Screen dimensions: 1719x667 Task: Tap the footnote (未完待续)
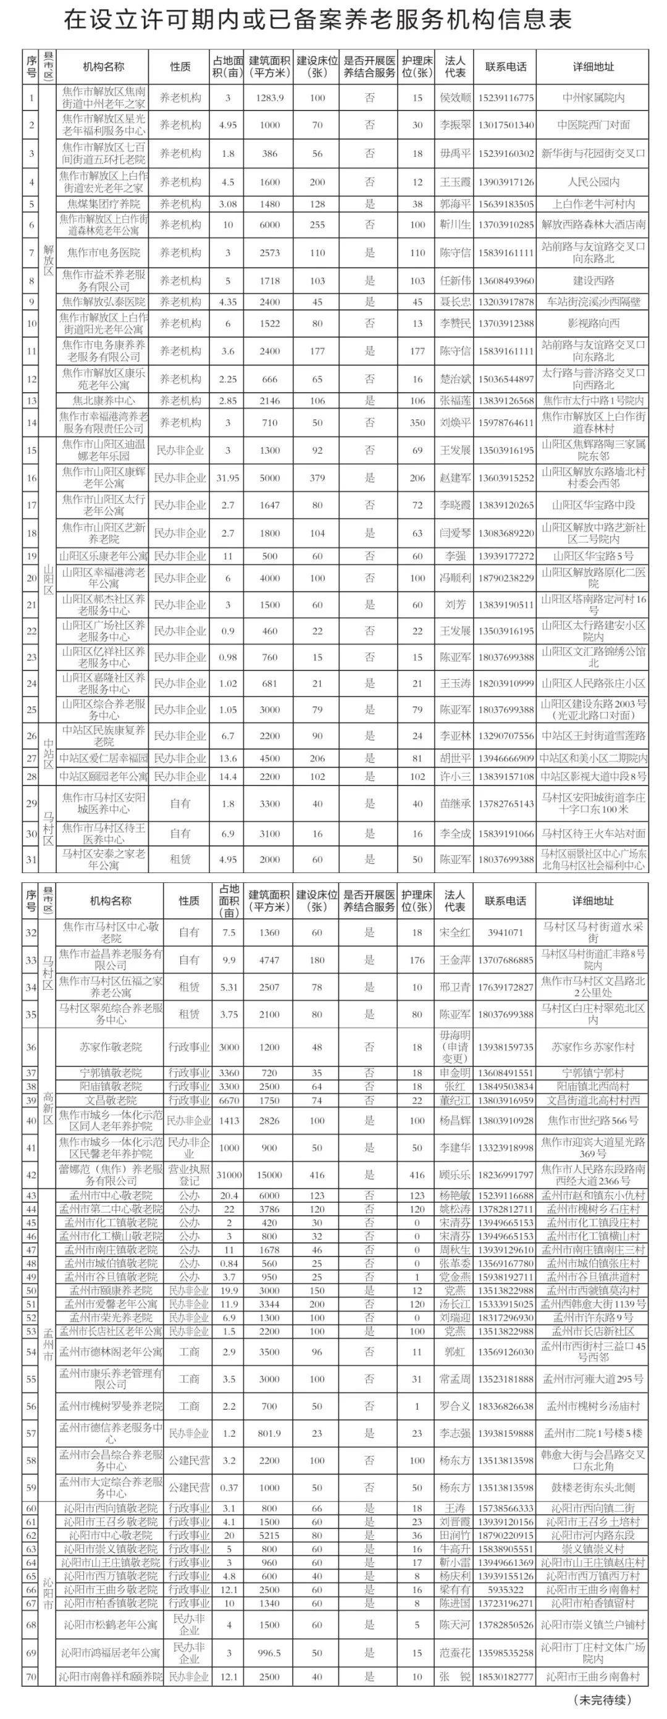[x=602, y=1698]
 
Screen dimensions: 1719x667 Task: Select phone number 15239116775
[x=505, y=98]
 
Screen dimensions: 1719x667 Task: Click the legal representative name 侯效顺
[x=455, y=98]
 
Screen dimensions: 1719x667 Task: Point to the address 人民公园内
[x=593, y=182]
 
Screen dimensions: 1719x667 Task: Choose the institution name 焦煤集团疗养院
[x=104, y=204]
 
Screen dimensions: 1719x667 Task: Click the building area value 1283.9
[x=269, y=98]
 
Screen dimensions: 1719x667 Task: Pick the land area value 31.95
[x=228, y=478]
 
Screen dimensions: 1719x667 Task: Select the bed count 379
[x=317, y=478]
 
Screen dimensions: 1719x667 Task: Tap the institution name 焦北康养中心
[x=104, y=400]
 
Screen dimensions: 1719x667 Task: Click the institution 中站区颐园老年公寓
[x=104, y=777]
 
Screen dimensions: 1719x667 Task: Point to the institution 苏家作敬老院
[x=111, y=1047]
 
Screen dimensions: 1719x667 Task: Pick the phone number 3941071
[x=505, y=932]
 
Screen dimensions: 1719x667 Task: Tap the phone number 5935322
[x=505, y=1589]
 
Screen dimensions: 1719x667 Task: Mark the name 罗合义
[x=455, y=1406]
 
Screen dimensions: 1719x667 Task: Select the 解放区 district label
[x=48, y=259]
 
